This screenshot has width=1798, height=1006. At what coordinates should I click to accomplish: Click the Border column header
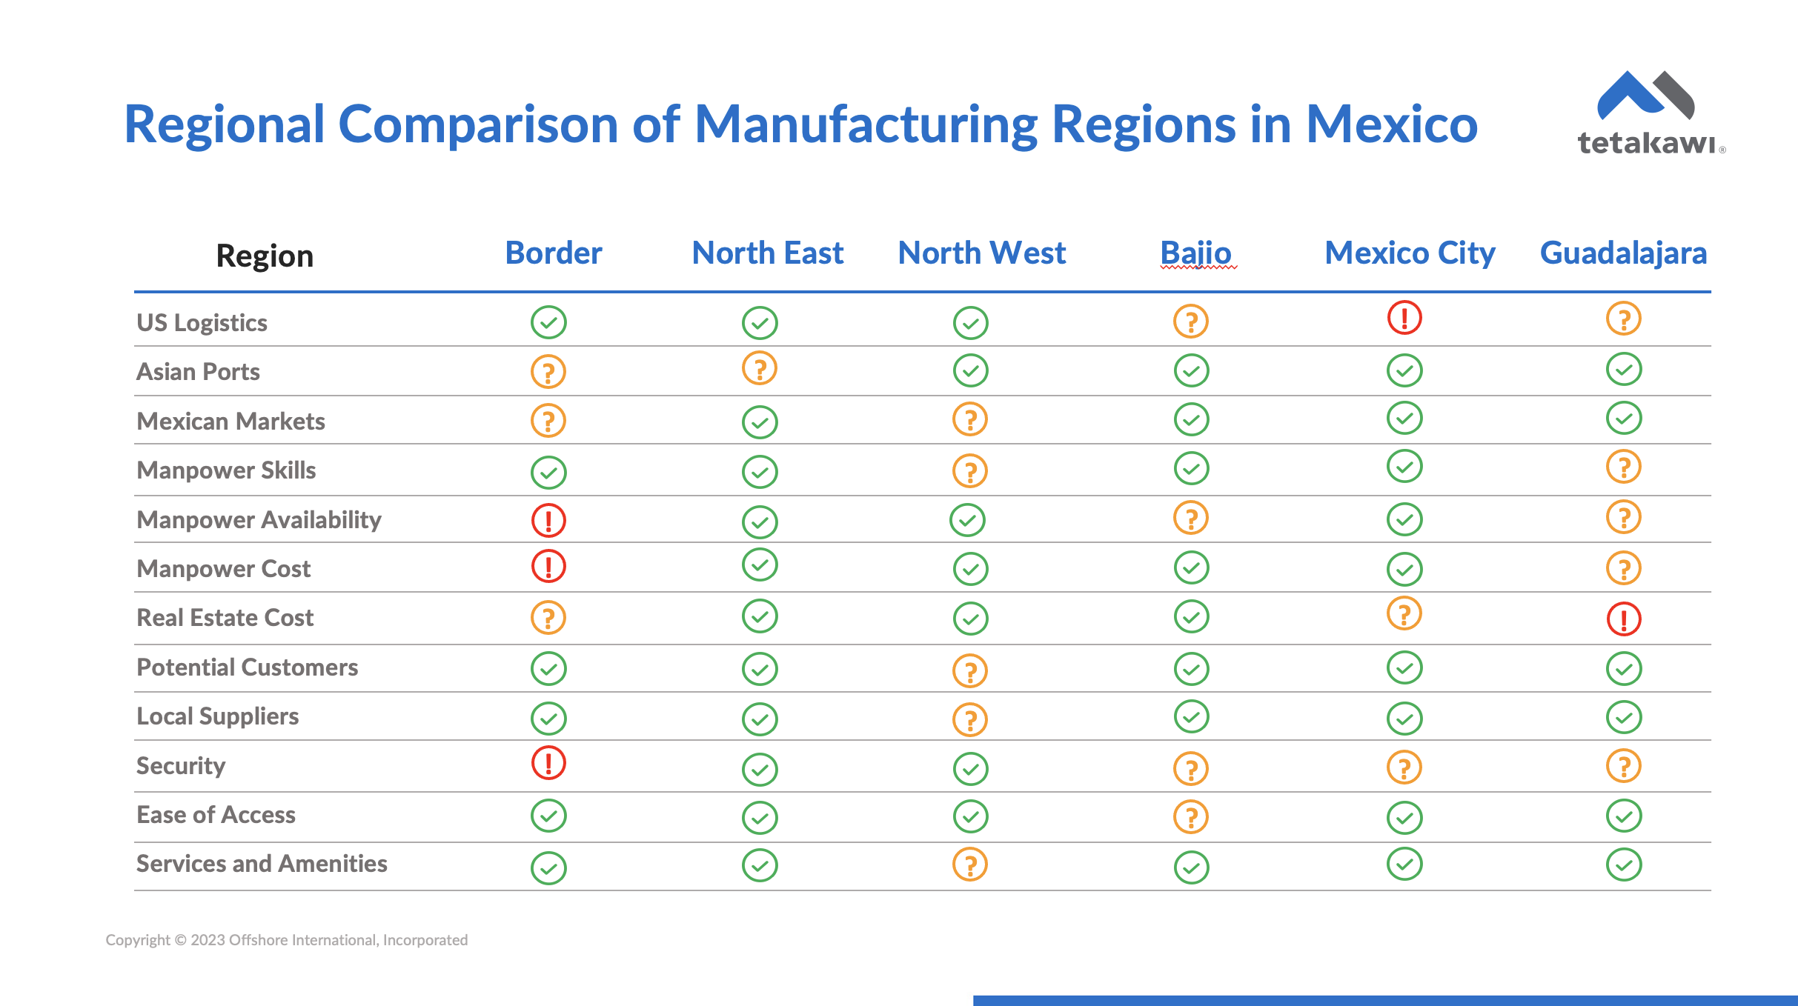(x=553, y=253)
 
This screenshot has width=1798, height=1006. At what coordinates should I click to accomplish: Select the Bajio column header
(x=1195, y=253)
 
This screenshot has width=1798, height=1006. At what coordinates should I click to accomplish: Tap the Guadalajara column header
(x=1623, y=253)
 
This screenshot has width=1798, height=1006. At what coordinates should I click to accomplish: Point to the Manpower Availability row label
(x=259, y=520)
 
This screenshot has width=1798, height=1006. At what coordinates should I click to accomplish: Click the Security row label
(x=181, y=766)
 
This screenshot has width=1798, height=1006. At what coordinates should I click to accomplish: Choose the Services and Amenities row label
(x=262, y=864)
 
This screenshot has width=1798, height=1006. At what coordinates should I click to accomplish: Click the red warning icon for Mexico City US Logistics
(x=1404, y=318)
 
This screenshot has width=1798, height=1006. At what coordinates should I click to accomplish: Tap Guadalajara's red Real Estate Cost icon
(x=1624, y=619)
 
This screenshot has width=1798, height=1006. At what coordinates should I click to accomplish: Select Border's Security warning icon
(x=548, y=763)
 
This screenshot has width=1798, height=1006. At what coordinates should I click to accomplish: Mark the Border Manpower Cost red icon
(x=548, y=567)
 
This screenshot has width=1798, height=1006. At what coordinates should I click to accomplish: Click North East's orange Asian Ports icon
(x=760, y=368)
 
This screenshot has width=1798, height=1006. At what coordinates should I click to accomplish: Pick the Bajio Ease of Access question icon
(x=1191, y=817)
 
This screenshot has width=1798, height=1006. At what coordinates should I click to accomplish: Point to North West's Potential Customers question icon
(x=970, y=671)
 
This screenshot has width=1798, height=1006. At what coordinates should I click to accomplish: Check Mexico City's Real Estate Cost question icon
(x=1404, y=614)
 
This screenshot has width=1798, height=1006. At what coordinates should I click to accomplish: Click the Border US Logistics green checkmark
(x=548, y=322)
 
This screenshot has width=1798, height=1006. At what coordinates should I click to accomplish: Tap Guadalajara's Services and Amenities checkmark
(x=1624, y=865)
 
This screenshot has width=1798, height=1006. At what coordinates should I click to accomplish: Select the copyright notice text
(x=287, y=940)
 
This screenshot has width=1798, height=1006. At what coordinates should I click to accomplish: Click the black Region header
(x=265, y=256)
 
